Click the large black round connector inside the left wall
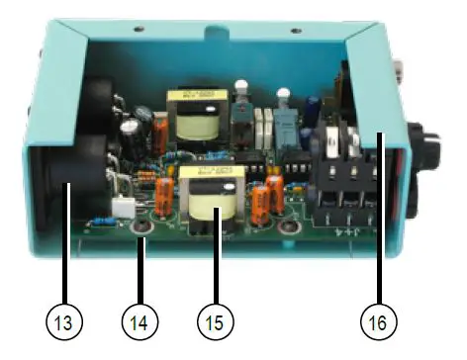tap(71, 163)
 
